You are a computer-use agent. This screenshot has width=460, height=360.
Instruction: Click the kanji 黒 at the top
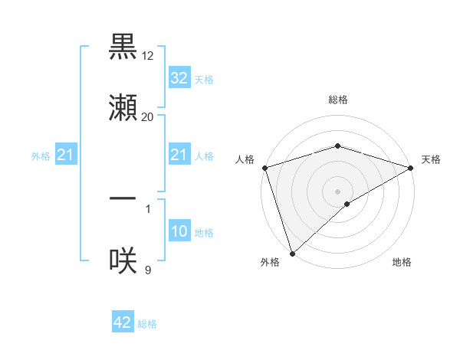[x=123, y=48]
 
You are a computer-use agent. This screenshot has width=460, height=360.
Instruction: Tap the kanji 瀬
[x=123, y=107]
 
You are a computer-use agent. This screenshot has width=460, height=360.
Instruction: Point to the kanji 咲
[x=123, y=260]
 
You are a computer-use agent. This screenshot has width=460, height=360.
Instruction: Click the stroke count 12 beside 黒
[x=148, y=56]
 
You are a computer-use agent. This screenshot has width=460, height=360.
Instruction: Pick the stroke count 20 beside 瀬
[x=148, y=116]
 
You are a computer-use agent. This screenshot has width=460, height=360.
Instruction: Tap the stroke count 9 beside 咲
[x=148, y=269]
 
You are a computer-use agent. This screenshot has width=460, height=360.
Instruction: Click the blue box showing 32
[x=179, y=78]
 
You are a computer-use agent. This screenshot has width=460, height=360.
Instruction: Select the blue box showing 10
[x=179, y=231]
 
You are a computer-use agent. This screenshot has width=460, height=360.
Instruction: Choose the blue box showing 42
[x=123, y=322]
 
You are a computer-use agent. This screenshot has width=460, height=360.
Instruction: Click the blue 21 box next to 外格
[x=66, y=155]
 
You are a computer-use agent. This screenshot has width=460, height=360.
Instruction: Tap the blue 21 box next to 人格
[x=179, y=155]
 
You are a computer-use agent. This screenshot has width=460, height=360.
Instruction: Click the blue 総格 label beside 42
[x=147, y=324]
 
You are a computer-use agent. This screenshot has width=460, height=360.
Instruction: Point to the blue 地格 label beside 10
[x=204, y=232]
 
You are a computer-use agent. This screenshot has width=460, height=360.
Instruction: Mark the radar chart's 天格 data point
[x=410, y=168]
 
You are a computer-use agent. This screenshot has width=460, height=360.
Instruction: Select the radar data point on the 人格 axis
[x=264, y=168]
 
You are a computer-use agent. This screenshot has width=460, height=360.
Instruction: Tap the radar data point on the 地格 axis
[x=347, y=204]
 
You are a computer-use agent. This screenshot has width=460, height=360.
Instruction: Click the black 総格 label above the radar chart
[x=337, y=100]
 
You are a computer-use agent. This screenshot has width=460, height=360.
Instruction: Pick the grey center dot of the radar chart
[x=337, y=191]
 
